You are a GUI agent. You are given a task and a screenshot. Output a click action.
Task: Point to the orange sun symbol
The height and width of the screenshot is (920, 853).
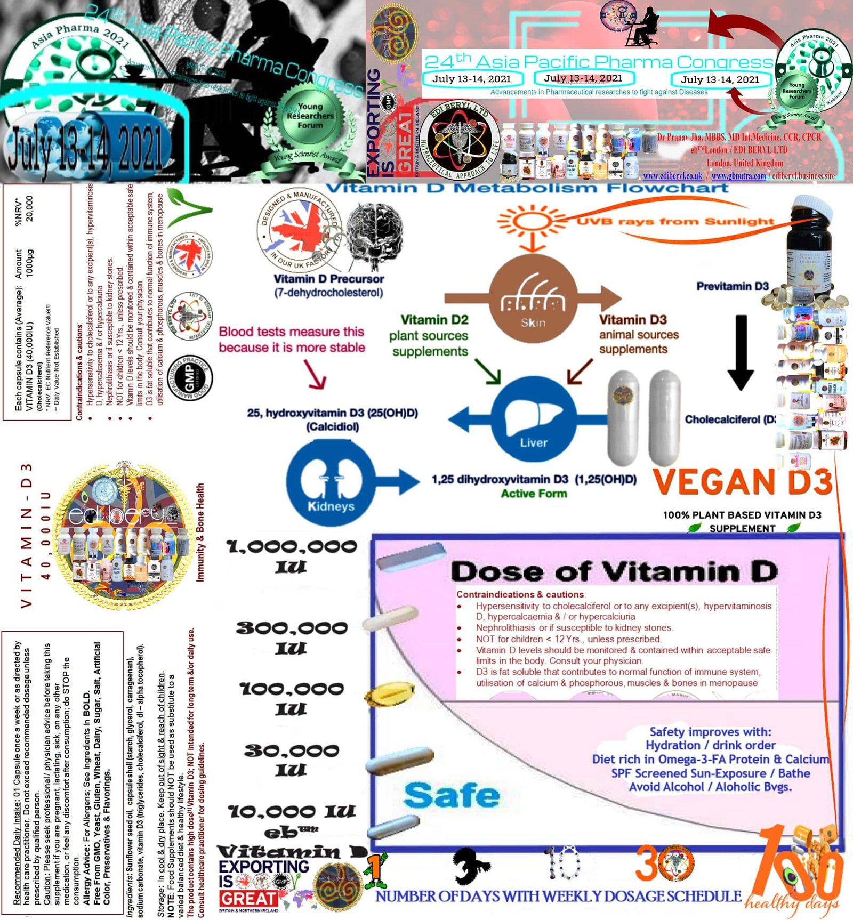coord(530,221)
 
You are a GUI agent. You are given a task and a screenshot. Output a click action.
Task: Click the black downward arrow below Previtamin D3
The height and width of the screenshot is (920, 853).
coord(741,352)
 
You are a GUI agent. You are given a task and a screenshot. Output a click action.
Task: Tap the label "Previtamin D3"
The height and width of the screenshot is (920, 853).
coord(732,286)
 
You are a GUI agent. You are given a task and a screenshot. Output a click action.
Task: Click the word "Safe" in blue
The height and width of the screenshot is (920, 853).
coord(452,796)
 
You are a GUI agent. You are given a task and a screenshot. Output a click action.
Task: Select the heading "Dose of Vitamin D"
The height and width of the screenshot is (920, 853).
coord(614,572)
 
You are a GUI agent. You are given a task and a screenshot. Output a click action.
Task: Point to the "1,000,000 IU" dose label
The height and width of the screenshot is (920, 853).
coord(292,556)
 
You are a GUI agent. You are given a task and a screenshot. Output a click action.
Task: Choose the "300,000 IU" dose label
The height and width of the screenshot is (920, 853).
coord(292,637)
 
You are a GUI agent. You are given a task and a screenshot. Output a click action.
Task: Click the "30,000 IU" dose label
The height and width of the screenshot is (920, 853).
coord(292,760)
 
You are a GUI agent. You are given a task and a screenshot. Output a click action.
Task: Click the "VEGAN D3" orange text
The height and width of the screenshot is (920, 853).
coord(742,481)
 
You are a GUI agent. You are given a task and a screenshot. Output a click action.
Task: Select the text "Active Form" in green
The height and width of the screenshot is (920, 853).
coord(534,494)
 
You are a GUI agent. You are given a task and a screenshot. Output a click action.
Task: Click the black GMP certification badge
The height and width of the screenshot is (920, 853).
coord(190,379)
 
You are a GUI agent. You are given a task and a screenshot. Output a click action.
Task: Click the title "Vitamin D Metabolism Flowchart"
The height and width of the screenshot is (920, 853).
coord(527,188)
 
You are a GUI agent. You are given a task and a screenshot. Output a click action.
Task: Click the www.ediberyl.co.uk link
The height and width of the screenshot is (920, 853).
coord(672,176)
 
